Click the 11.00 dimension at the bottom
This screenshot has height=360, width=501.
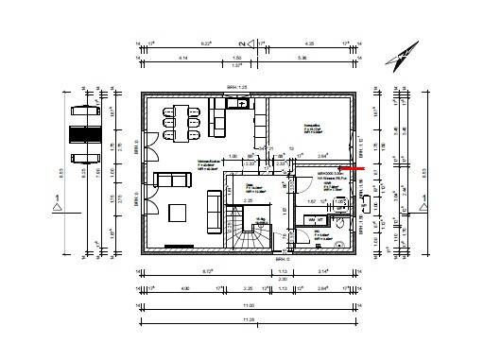[250, 305]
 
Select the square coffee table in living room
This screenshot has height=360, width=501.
[179, 210]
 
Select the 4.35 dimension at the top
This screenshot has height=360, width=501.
[308, 43]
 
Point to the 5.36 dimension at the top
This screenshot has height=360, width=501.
[302, 59]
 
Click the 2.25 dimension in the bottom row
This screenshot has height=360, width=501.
[248, 290]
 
